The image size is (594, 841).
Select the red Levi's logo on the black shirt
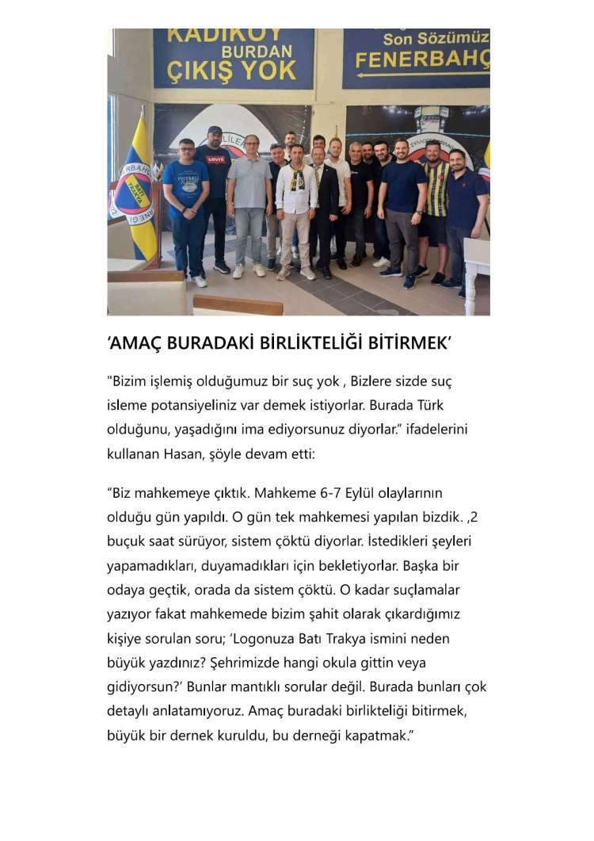point(215,159)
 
